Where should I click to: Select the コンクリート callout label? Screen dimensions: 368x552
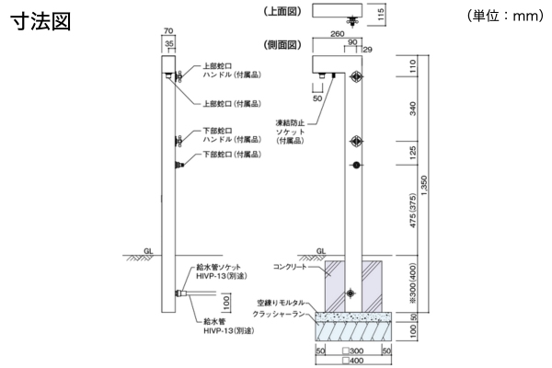pos(293,266)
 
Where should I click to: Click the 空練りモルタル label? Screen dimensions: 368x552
pos(285,302)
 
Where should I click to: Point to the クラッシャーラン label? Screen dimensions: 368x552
pos(283,314)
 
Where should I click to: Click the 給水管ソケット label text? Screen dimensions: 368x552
pos(221,268)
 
